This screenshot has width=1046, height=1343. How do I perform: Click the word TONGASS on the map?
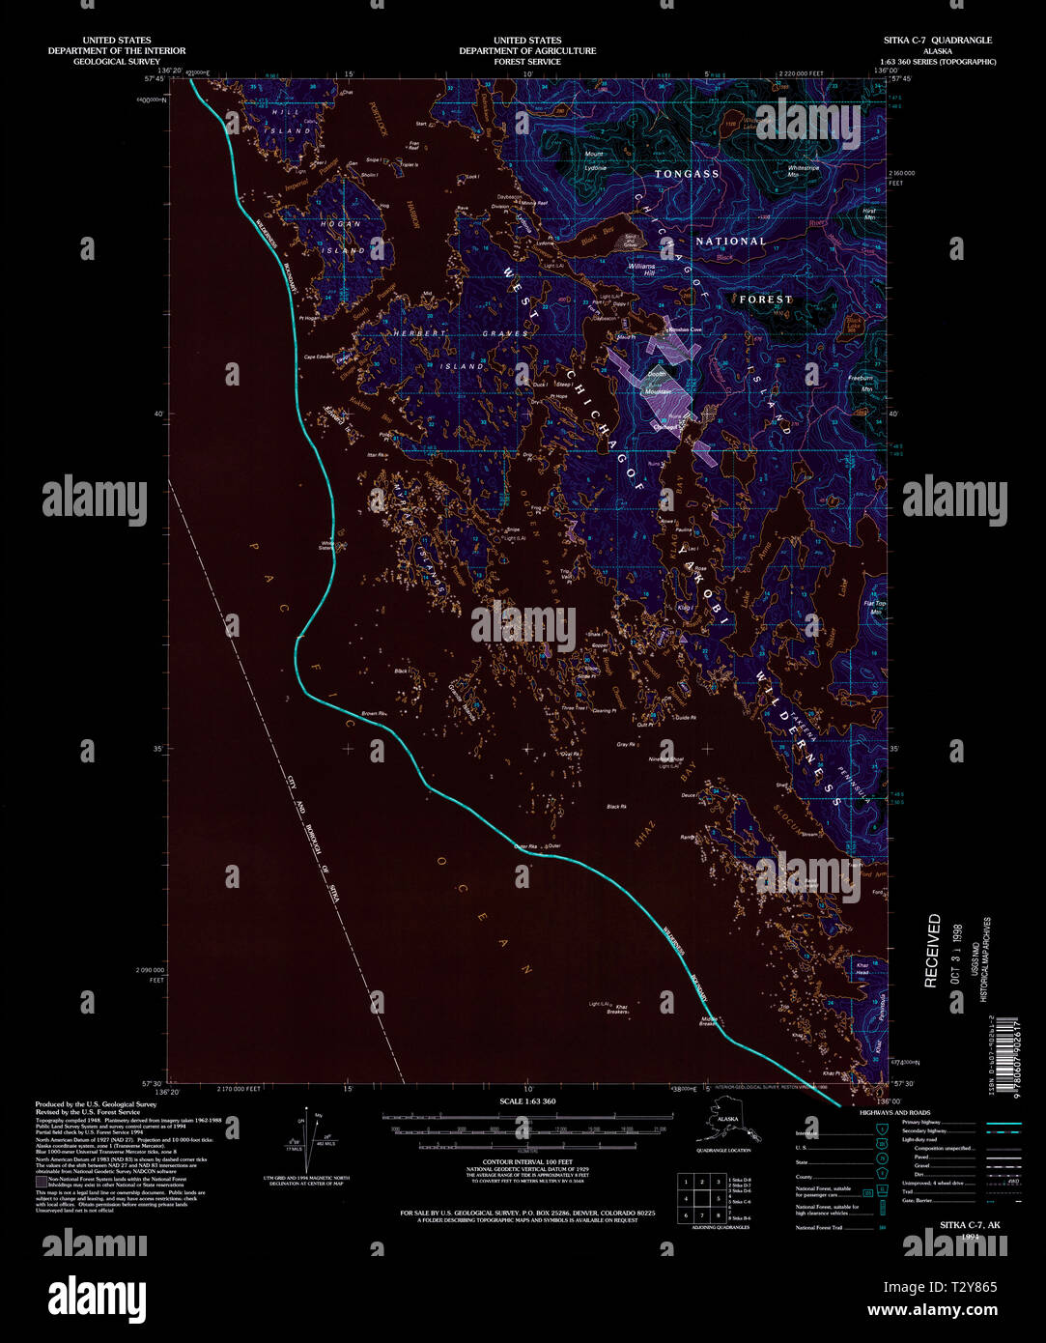687,174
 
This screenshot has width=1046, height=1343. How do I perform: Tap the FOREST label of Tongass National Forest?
765,300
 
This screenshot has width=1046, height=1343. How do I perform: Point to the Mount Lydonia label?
595,160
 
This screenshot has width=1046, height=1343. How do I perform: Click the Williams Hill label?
641,269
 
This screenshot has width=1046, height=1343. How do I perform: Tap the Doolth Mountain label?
658,383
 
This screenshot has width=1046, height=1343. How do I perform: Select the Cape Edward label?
319,357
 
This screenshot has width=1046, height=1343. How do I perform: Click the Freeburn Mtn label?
860,384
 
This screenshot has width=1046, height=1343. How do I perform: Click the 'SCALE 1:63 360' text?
527,1101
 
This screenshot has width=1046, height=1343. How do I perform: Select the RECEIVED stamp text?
933,951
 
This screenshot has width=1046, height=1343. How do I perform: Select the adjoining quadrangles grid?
702,1198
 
